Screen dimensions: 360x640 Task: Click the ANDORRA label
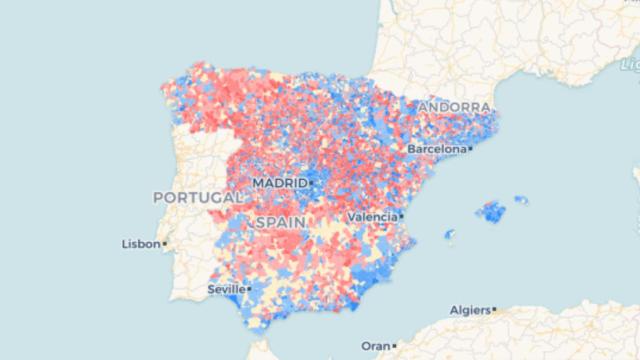455,106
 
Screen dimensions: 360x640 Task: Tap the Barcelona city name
436,149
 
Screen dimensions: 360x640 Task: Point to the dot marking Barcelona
470,149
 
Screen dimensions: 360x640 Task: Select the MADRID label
279,183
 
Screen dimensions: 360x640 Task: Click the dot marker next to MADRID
311,183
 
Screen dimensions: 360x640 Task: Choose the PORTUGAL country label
197,198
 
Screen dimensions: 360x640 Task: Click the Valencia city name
371,216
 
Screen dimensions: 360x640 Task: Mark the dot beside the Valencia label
401,216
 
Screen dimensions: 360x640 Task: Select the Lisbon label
140,243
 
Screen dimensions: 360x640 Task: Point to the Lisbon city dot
164,243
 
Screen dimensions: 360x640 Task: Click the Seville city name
225,289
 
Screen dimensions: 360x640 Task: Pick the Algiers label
471,309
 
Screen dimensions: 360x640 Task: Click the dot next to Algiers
495,309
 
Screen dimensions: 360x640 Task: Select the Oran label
375,345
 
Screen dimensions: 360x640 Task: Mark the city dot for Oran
394,345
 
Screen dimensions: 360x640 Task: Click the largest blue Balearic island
491,212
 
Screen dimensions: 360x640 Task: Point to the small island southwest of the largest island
450,234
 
